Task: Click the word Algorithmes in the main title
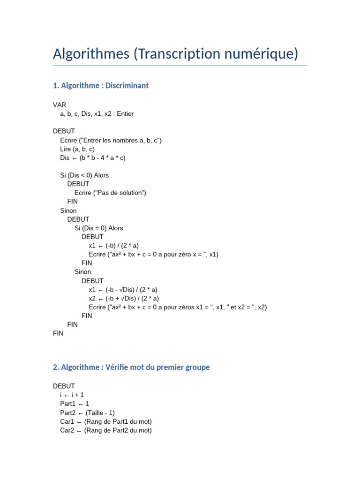pyautogui.click(x=91, y=54)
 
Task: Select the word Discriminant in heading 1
pyautogui.click(x=127, y=86)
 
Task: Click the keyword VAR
pyautogui.click(x=60, y=105)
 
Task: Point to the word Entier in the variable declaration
pyautogui.click(x=125, y=114)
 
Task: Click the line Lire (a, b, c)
pyautogui.click(x=77, y=149)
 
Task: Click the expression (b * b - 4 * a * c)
pyautogui.click(x=103, y=158)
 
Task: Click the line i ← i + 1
pyautogui.click(x=72, y=395)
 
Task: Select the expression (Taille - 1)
pyautogui.click(x=99, y=413)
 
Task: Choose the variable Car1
pyautogui.click(x=67, y=422)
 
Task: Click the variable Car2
pyautogui.click(x=67, y=430)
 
